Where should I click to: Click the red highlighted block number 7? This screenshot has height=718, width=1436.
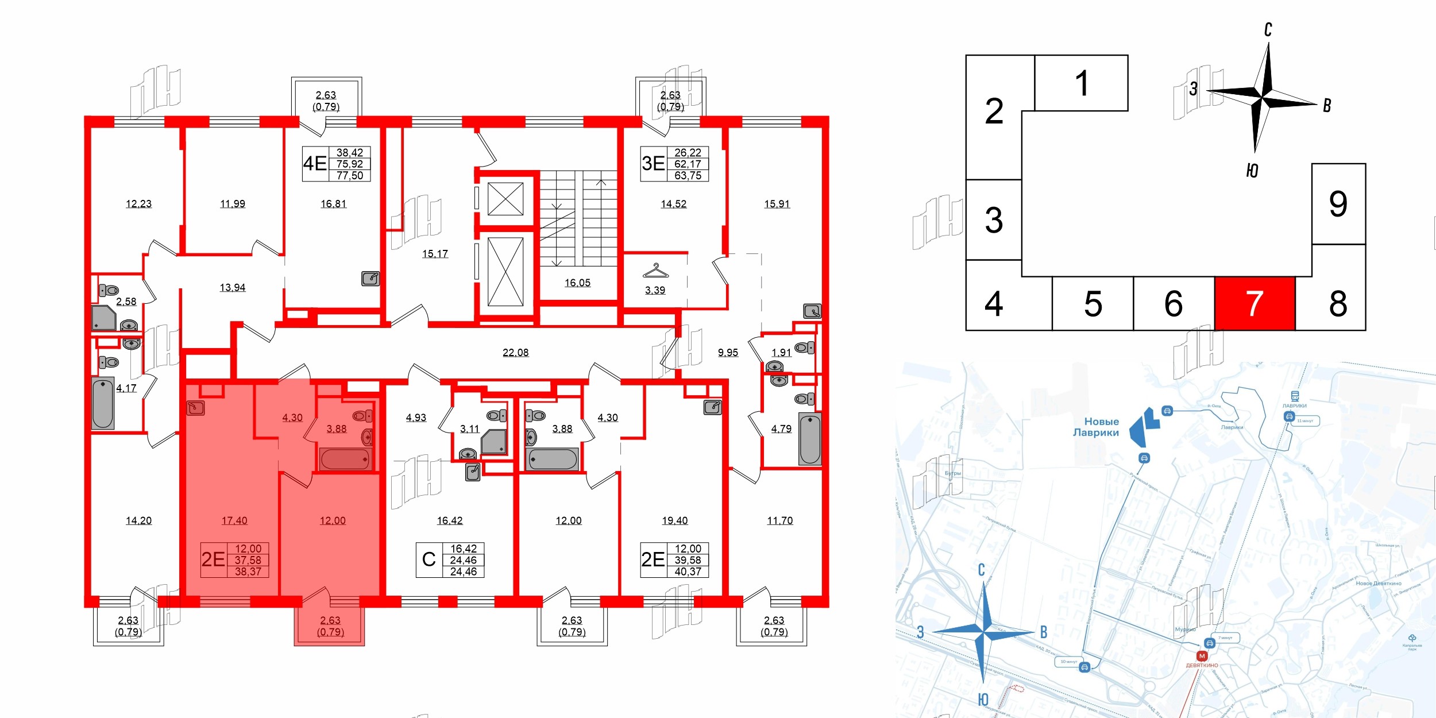(x=1254, y=303)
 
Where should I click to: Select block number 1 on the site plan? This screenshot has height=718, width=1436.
(x=1081, y=83)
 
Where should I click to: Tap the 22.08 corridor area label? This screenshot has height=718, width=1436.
(x=515, y=353)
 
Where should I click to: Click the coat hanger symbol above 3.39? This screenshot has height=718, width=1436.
(x=655, y=271)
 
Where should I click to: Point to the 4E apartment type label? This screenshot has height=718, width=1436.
(x=315, y=164)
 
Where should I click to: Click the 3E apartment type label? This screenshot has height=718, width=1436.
(x=653, y=164)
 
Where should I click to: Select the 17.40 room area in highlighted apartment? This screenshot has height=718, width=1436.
(x=234, y=520)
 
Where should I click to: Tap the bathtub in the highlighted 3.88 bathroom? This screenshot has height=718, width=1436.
(x=345, y=459)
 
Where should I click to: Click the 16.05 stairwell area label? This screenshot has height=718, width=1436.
(x=577, y=283)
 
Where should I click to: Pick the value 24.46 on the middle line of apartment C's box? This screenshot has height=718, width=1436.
(x=463, y=560)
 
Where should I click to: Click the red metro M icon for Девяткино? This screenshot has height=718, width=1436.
(x=1202, y=656)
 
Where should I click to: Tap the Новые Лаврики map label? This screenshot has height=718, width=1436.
(x=1096, y=427)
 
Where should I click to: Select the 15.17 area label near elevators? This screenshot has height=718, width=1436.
(x=435, y=254)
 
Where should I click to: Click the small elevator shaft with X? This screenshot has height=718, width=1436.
(x=505, y=199)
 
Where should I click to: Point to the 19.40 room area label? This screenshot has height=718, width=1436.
(x=674, y=520)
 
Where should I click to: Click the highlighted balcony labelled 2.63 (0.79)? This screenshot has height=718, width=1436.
(x=330, y=626)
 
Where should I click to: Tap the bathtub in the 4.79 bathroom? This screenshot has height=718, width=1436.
(x=810, y=439)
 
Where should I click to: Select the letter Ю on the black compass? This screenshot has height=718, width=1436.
(x=1252, y=171)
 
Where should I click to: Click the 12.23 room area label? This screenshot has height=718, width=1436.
(x=138, y=204)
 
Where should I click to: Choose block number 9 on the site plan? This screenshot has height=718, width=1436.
(x=1338, y=204)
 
